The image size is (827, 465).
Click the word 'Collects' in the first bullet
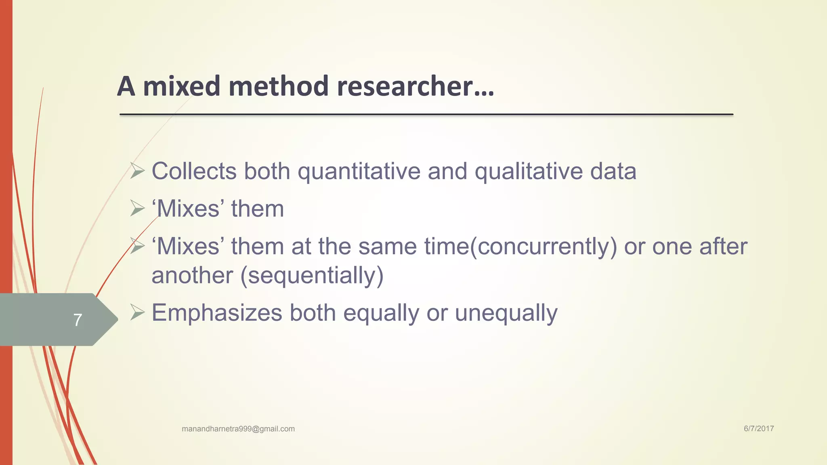pos(194,171)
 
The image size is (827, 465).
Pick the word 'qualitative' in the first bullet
pos(529,171)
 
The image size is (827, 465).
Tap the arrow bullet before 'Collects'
pos(137,171)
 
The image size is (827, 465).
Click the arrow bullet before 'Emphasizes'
pos(137,312)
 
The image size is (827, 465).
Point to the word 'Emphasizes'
pos(217,313)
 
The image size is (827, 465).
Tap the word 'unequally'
pos(506,313)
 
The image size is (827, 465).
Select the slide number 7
pos(78,320)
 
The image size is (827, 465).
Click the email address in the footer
pos(238,429)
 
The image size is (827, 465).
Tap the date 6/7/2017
pos(759,429)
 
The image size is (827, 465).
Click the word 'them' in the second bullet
pos(257,209)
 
